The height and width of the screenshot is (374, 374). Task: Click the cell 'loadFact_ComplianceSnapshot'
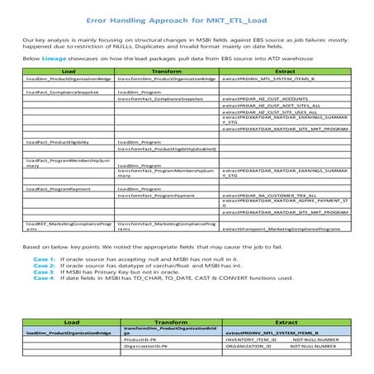(x=61, y=92)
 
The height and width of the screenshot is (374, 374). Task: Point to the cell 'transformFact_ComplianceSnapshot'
(x=161, y=99)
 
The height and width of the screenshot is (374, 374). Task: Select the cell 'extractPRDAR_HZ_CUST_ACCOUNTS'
(x=263, y=99)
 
